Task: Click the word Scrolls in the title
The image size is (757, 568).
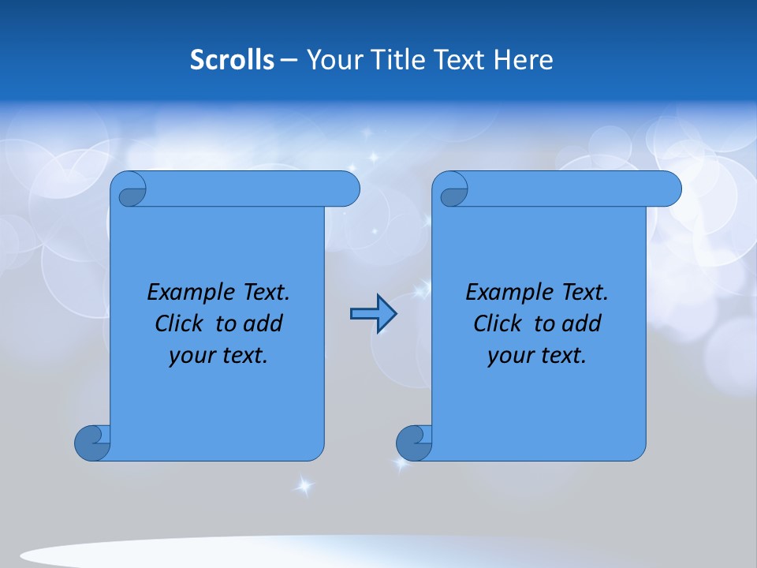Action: point(233,60)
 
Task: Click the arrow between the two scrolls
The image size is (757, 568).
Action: point(373,314)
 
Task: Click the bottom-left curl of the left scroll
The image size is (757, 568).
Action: point(93,443)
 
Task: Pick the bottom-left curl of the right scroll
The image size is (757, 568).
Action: point(414,443)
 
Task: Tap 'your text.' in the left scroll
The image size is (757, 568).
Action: point(218,355)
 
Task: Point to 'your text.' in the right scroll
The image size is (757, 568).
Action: point(537,355)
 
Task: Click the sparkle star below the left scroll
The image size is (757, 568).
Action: point(303,486)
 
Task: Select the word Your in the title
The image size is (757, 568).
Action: point(332,60)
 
